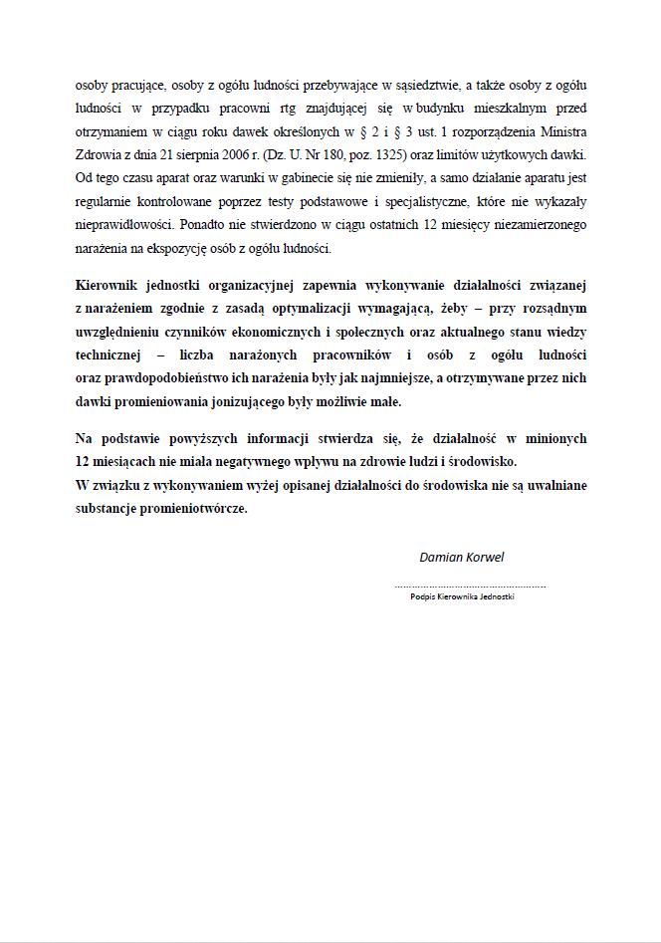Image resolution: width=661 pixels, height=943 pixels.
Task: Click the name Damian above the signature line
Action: [x=441, y=557]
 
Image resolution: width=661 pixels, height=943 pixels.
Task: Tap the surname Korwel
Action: [x=485, y=557]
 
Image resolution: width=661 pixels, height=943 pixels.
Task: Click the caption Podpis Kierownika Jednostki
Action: [x=462, y=596]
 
